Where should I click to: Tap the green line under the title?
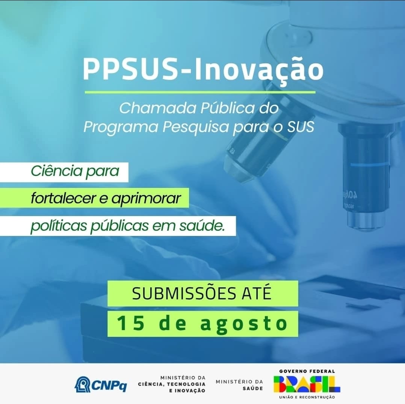[200, 92]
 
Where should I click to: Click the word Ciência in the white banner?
[57, 171]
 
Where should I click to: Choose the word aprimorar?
[146, 199]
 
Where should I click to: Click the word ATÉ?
[257, 293]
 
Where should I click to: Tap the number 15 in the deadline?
[131, 323]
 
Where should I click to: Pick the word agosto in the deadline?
[244, 324]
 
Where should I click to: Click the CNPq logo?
[101, 384]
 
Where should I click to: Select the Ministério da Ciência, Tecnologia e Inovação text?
[172, 384]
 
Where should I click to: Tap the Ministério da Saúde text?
[239, 384]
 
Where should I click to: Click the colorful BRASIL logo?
[307, 384]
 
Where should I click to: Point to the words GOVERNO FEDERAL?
[307, 371]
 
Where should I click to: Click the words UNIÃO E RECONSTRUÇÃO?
[307, 397]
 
